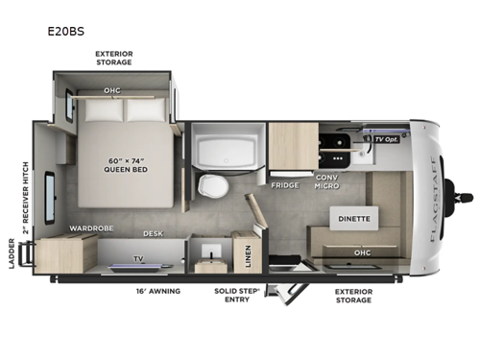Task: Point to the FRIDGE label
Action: pos(285,185)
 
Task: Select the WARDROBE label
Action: pos(90,228)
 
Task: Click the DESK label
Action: pos(153,233)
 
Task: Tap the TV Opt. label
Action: pos(385,140)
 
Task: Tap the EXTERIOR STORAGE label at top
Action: pos(113,58)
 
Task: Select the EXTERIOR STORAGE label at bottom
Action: pos(354,294)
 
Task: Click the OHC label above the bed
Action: pos(112,92)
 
